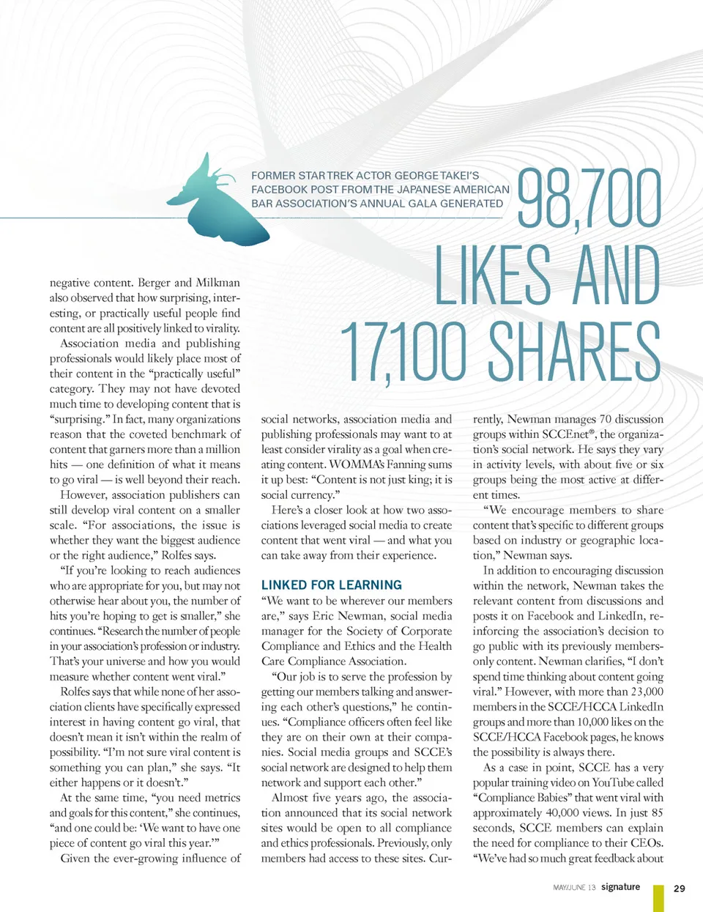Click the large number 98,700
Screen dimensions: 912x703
click(589, 199)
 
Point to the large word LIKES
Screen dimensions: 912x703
click(494, 274)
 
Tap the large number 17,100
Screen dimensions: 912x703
click(403, 352)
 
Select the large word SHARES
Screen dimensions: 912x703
click(574, 352)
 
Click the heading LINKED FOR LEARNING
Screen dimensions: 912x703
click(332, 585)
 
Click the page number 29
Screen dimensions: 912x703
click(680, 888)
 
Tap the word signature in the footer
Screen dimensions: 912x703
click(620, 887)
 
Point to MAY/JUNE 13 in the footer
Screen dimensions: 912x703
click(574, 888)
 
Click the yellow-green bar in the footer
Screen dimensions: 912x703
click(658, 898)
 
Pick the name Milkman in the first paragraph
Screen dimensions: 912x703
click(217, 283)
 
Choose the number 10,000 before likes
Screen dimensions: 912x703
click(577, 722)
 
